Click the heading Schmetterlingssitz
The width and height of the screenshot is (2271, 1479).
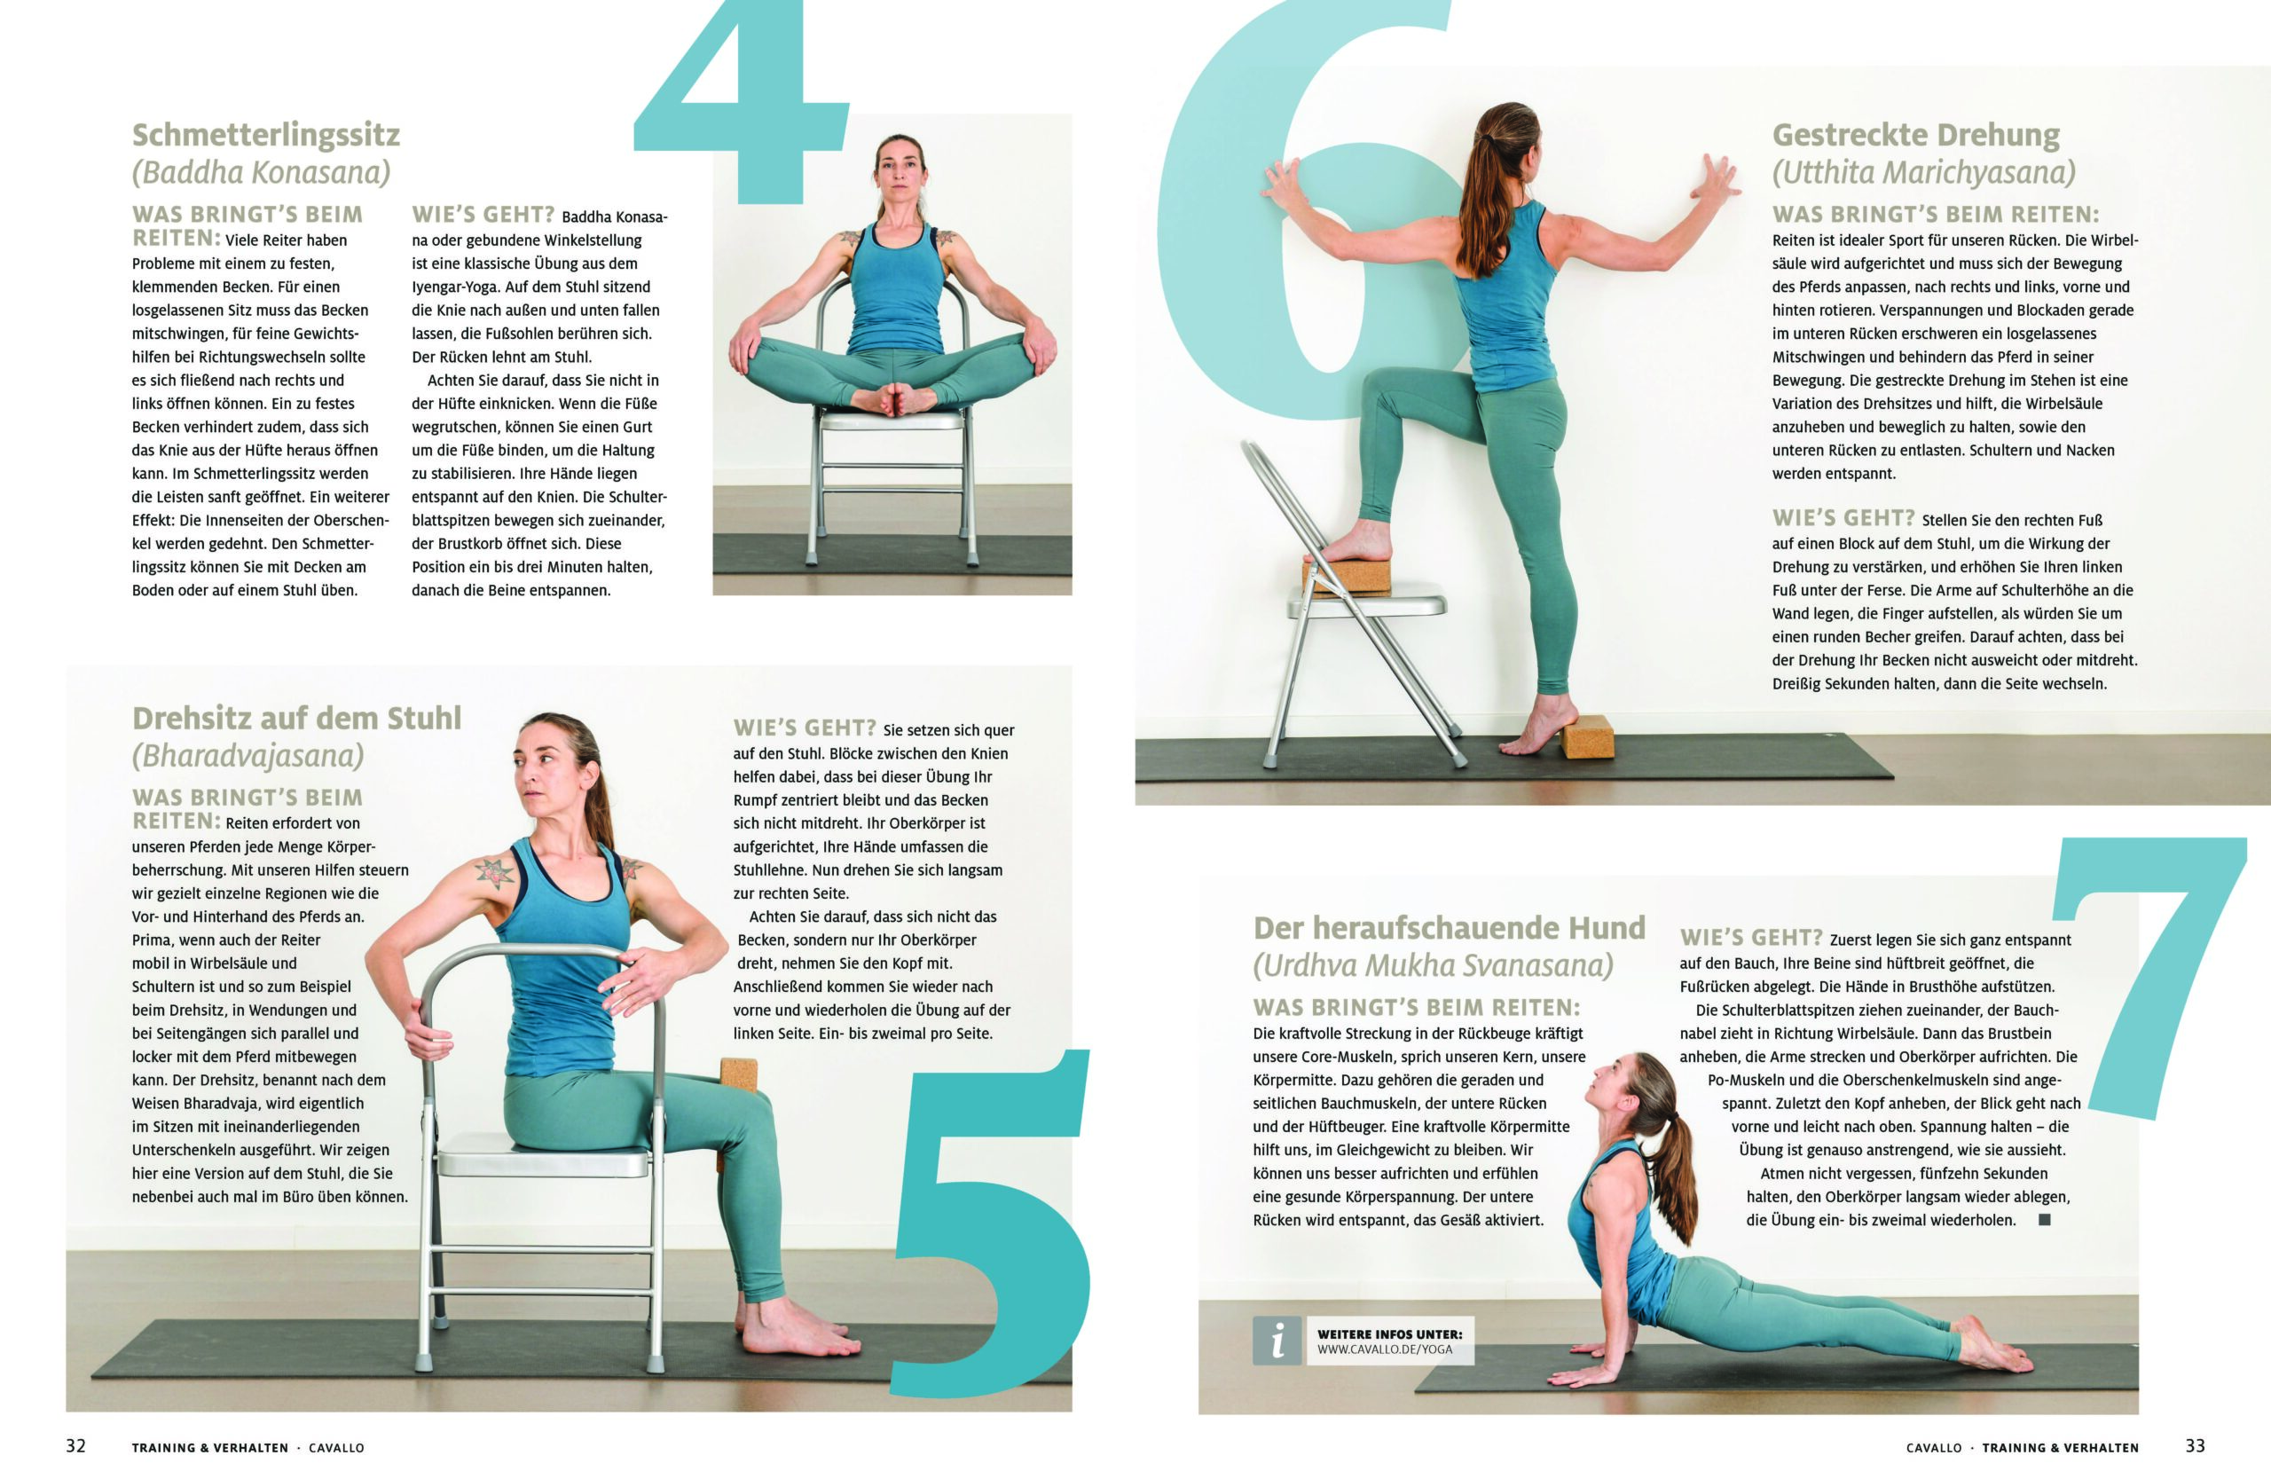266,136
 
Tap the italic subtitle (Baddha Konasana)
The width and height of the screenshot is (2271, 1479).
262,173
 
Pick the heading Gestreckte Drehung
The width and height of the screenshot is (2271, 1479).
1916,136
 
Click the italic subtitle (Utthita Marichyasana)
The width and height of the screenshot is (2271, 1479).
1923,173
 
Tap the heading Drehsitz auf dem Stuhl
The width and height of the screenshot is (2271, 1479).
297,718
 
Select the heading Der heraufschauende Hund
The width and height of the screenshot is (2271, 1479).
1450,927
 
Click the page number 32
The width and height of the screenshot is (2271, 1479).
75,1445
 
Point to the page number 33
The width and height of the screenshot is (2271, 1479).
2195,1445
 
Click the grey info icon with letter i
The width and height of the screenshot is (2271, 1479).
1277,1341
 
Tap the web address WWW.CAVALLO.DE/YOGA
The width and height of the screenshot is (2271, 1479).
1385,1349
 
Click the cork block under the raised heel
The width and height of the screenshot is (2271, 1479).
1588,736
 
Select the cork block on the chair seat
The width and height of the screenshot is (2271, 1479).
1347,578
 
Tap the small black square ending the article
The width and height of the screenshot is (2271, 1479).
2044,1219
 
